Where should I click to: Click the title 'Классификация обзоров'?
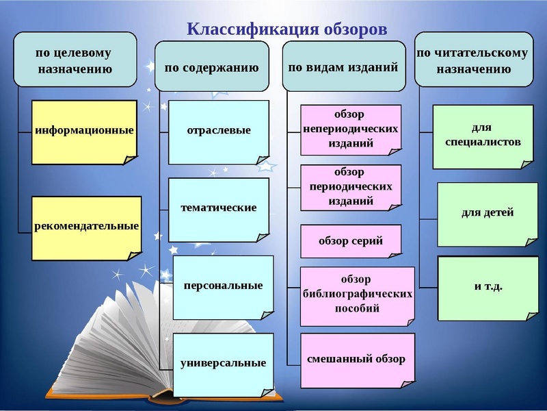click(x=287, y=29)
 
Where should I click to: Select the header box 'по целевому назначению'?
click(x=75, y=60)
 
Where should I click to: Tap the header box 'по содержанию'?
click(x=211, y=68)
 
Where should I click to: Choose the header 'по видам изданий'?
click(x=343, y=68)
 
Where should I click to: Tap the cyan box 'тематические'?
click(x=218, y=208)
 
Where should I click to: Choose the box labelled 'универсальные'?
click(x=223, y=363)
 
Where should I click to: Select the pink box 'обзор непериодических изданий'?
click(x=351, y=127)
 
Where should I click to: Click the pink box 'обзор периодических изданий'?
click(x=351, y=187)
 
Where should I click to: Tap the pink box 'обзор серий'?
click(x=351, y=241)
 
